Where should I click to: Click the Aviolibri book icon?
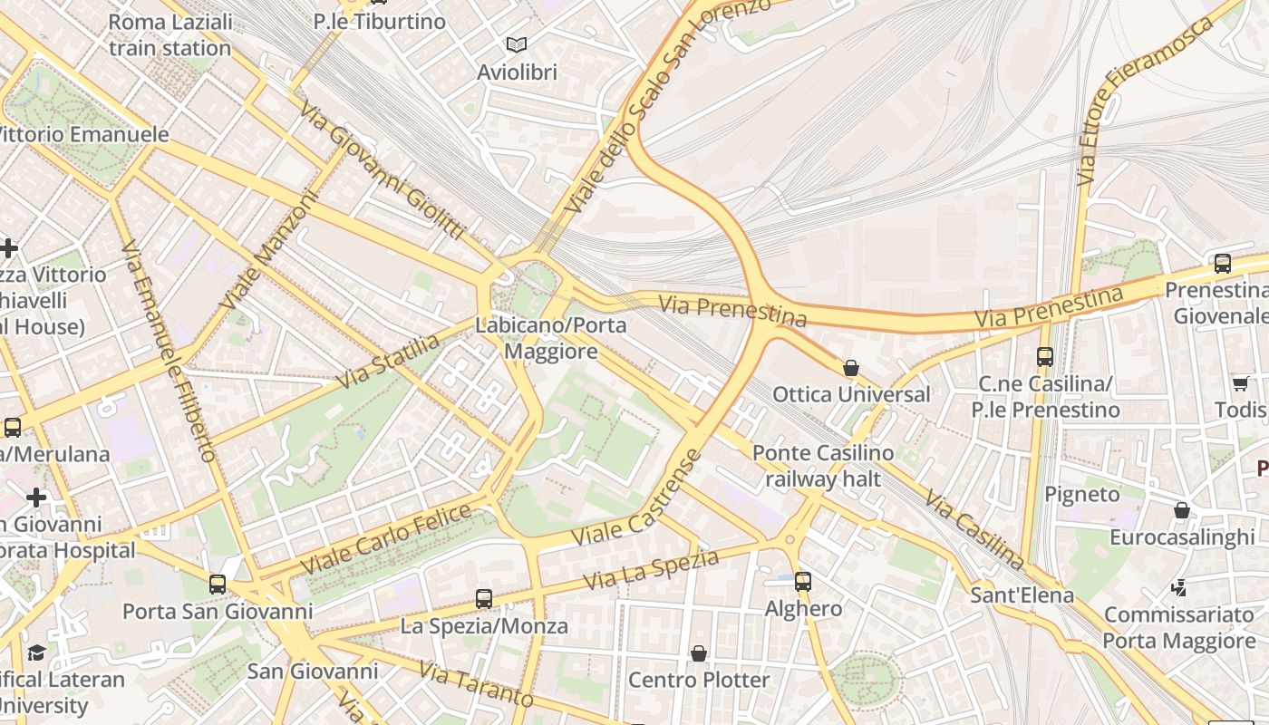(x=517, y=44)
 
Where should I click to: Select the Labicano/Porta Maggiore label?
(x=550, y=338)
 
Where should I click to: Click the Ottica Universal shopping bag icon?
(x=850, y=368)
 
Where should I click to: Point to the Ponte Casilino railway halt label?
(x=822, y=466)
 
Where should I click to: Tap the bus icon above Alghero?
(x=802, y=581)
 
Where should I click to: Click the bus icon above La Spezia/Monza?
(x=484, y=598)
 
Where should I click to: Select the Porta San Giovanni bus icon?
(x=218, y=585)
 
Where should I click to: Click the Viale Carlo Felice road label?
(x=386, y=539)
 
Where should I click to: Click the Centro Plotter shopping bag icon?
(x=699, y=653)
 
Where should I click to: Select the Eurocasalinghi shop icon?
(x=1182, y=510)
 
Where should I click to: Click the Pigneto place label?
(x=1082, y=494)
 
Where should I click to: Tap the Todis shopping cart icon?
(x=1240, y=383)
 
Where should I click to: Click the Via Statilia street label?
(x=388, y=362)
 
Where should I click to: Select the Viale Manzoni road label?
(x=270, y=248)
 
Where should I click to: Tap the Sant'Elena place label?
(x=1022, y=595)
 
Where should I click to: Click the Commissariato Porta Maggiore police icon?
(x=1179, y=588)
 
